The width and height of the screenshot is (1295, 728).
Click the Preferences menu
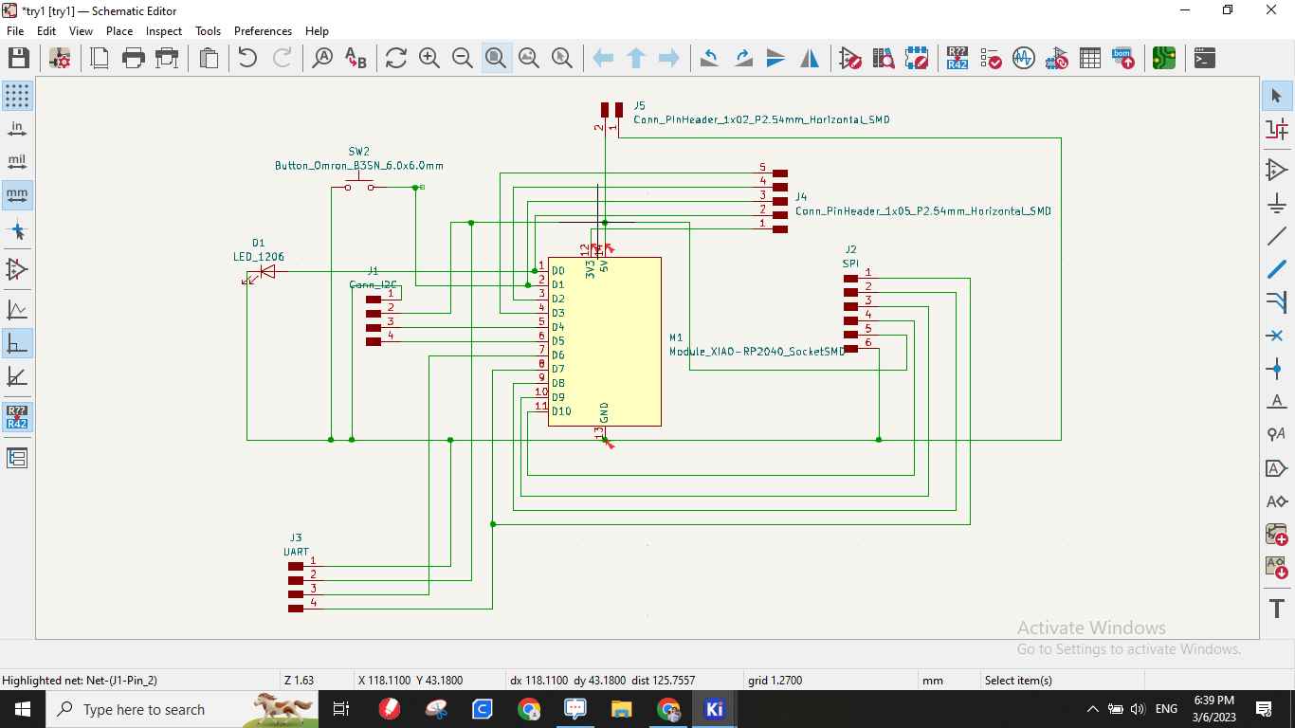pyautogui.click(x=263, y=30)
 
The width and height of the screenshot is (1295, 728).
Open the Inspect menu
pyautogui.click(x=163, y=30)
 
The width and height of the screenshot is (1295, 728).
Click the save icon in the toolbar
pyautogui.click(x=18, y=58)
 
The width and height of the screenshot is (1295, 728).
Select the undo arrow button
pyautogui.click(x=247, y=58)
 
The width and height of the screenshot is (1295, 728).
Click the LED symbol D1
pyautogui.click(x=266, y=272)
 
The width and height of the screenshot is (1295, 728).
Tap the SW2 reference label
pyautogui.click(x=358, y=152)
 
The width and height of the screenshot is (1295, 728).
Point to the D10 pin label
pyautogui.click(x=561, y=411)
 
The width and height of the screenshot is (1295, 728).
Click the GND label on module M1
pyautogui.click(x=604, y=412)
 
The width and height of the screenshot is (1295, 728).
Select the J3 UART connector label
pyautogui.click(x=296, y=551)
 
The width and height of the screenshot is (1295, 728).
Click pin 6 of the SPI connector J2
pyautogui.click(x=851, y=349)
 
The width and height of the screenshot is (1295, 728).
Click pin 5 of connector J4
pyautogui.click(x=779, y=173)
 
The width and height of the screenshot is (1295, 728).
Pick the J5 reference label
pyautogui.click(x=640, y=106)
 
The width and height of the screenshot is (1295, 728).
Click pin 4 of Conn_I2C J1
pyautogui.click(x=374, y=341)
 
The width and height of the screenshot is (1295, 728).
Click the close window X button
pyautogui.click(x=1271, y=10)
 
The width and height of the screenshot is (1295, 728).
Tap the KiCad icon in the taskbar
pyautogui.click(x=714, y=709)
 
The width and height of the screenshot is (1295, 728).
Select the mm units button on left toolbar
pyautogui.click(x=17, y=194)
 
